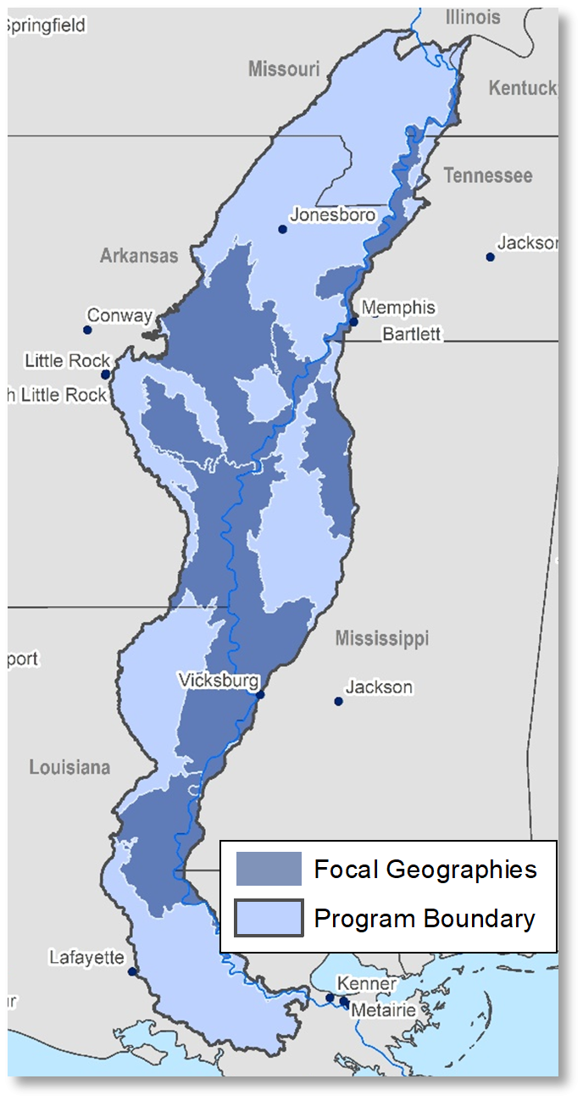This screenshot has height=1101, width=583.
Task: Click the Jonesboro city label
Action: [332, 214]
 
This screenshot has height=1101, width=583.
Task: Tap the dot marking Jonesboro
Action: [282, 229]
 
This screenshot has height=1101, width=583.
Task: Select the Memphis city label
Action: [398, 307]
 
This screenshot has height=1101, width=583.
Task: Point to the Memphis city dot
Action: [353, 321]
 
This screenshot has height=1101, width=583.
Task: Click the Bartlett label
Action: [412, 333]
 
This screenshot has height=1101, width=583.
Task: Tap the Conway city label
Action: [119, 315]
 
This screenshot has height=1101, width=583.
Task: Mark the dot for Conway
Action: [87, 330]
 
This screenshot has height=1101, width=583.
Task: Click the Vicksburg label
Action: [218, 680]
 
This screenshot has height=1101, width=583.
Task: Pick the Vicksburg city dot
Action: [260, 695]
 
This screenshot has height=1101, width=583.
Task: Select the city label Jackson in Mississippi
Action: [379, 687]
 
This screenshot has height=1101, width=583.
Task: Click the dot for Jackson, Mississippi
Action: [338, 701]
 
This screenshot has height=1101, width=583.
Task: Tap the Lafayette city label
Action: [86, 958]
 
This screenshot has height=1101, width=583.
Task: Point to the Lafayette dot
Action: [132, 971]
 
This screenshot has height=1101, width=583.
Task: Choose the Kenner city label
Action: [366, 984]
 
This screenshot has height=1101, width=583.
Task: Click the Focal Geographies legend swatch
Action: [269, 869]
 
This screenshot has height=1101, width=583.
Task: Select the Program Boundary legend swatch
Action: [269, 918]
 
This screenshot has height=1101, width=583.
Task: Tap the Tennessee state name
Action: [488, 175]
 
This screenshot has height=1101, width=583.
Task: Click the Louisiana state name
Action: [69, 767]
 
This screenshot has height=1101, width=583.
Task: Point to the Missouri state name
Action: [284, 69]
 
